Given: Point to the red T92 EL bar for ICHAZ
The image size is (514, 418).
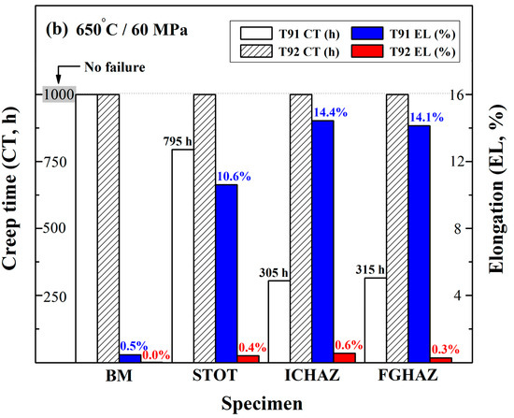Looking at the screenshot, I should tap(345, 356).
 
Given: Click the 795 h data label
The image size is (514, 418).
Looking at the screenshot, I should tap(177, 141).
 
